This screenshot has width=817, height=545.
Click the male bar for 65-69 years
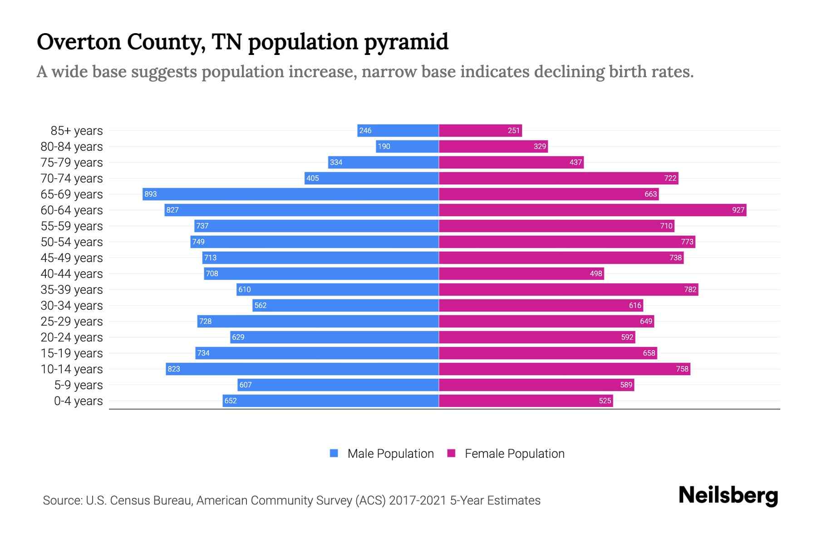[290, 194]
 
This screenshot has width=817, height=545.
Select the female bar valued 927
[592, 210]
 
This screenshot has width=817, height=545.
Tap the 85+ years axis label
[77, 131]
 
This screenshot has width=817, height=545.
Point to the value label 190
[384, 146]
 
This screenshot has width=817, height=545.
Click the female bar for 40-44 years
[521, 273]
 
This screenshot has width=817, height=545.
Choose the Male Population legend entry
[382, 453]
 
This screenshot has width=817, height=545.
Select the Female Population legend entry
[506, 453]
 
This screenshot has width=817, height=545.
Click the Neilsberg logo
[728, 495]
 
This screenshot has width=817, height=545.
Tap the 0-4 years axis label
[78, 401]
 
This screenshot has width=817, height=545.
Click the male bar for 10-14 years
[302, 369]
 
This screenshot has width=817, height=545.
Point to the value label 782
[690, 289]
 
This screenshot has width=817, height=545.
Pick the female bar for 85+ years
[480, 130]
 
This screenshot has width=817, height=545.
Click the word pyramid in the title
[406, 42]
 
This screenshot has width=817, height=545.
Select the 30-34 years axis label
[72, 306]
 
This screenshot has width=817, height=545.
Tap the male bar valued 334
[384, 162]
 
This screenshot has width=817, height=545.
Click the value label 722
[670, 178]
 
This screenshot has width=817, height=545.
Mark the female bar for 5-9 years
[536, 385]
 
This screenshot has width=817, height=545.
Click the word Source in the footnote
[62, 500]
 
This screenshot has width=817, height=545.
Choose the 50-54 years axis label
[72, 242]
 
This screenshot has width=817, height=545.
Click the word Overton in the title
[79, 42]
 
